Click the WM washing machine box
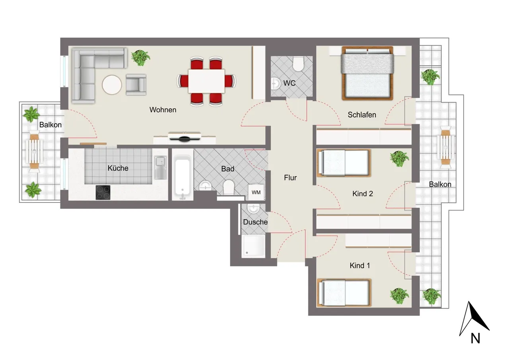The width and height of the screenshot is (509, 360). pos(256,192)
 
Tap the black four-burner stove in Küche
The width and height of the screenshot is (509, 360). pos(103,193)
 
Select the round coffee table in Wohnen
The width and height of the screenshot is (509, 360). pos(112,85)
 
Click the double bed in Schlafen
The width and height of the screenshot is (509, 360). pos(367,73)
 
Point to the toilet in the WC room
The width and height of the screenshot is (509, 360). pos(298,64)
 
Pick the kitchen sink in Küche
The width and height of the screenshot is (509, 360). pos(161,168)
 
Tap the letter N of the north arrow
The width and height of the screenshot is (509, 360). pos(475,339)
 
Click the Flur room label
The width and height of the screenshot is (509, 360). pos(290,177)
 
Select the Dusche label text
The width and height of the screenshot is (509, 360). pos(255,222)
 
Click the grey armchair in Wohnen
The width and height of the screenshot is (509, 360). pos(136,85)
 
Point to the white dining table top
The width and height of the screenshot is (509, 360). pos(206,81)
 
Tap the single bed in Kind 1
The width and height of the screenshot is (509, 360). pos(344,293)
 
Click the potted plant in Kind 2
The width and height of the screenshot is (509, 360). pos(399,159)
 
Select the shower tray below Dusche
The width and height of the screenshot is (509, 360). pos(253,246)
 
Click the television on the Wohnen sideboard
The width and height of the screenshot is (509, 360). pos(184,137)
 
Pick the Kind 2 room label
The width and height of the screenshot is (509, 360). pos(362,194)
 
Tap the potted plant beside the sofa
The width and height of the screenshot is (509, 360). pos(140,58)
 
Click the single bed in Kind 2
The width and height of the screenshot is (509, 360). pos(344,163)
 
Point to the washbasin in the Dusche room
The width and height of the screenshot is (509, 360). pos(253,208)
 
